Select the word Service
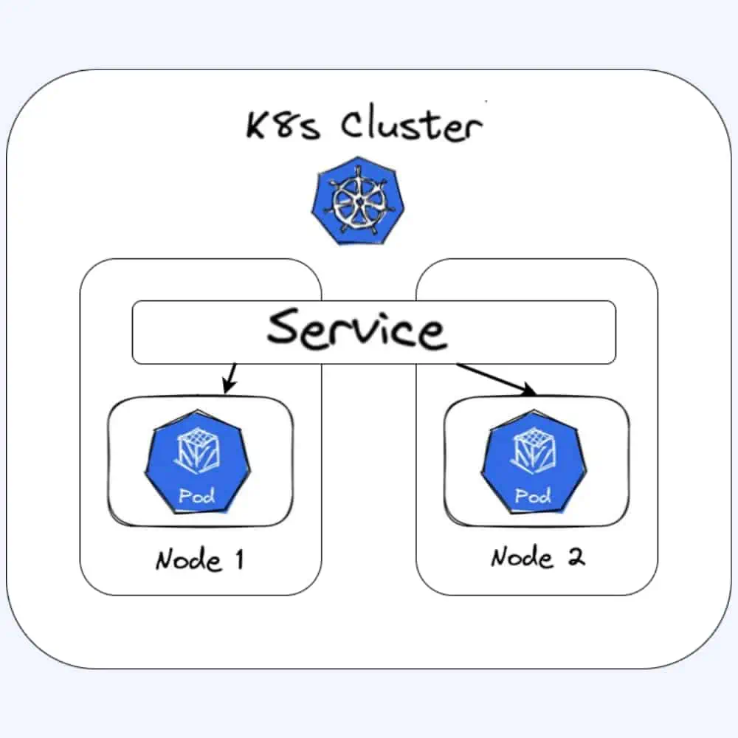tap(356, 329)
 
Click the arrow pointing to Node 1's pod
tap(230, 377)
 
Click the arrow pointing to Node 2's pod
tap(496, 378)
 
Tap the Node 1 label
tap(199, 559)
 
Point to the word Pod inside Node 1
tap(197, 495)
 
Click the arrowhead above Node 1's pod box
tap(226, 388)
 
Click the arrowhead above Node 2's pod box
tap(529, 390)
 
